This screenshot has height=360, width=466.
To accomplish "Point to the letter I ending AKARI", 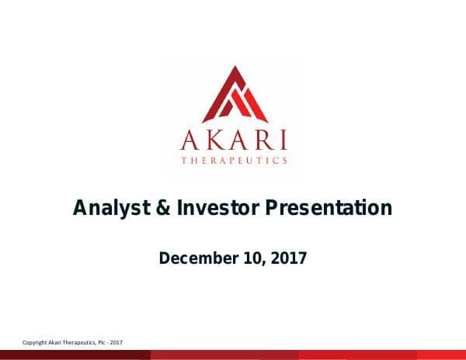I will click(283, 141).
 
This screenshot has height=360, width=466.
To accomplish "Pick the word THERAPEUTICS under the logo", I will click(234, 161).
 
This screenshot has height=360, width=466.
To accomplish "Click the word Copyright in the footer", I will click(35, 343).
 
